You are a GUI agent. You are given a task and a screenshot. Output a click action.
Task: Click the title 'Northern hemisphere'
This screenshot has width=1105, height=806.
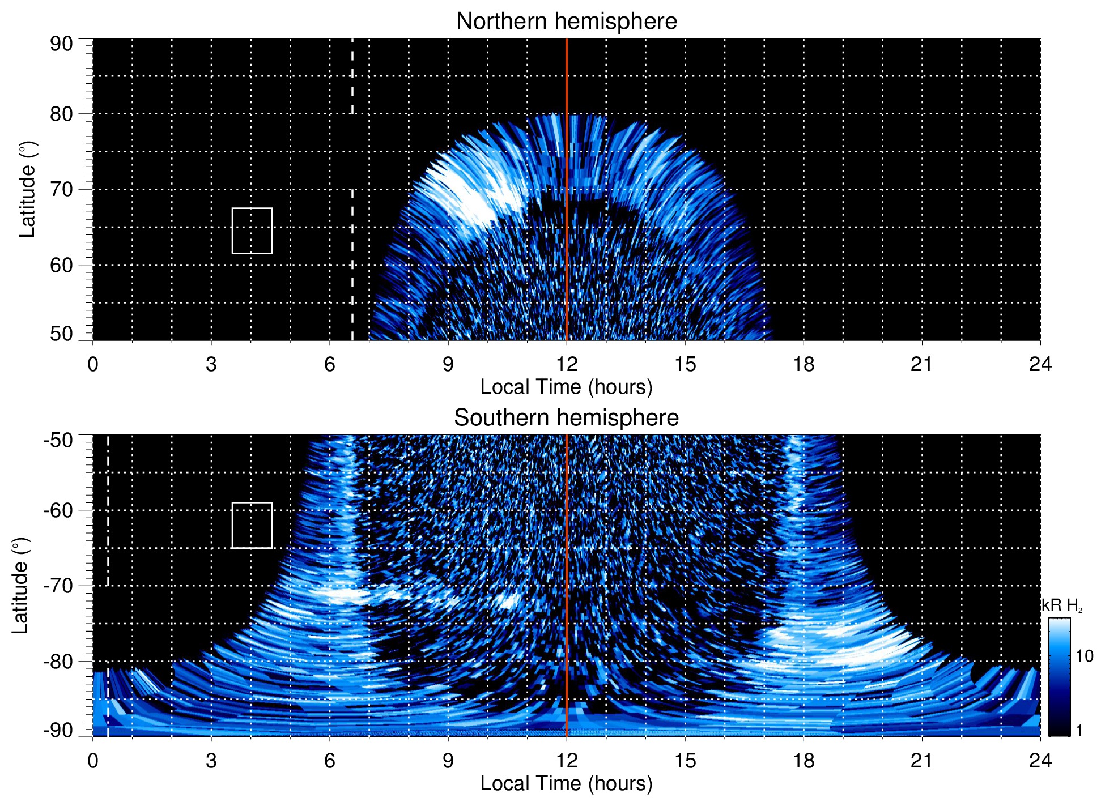tap(566, 22)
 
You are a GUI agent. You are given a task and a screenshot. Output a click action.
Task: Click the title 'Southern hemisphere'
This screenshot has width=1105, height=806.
tap(566, 418)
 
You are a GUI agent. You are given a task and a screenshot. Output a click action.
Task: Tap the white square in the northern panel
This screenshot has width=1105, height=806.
tap(252, 231)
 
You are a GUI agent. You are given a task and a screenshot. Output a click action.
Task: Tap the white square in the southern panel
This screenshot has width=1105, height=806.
tap(252, 525)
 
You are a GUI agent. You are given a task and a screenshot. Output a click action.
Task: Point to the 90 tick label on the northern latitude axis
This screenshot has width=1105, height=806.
tap(61, 44)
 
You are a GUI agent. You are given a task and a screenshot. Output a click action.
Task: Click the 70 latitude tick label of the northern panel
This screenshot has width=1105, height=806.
tap(61, 190)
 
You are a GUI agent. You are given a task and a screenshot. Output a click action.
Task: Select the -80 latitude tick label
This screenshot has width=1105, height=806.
tap(58, 662)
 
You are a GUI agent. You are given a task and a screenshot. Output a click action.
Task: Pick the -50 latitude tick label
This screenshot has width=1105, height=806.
tap(58, 440)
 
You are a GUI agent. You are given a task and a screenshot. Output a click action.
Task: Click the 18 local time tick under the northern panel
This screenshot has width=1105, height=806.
tap(804, 364)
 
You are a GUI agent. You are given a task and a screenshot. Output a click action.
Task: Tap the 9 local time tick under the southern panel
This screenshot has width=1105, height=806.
tap(448, 761)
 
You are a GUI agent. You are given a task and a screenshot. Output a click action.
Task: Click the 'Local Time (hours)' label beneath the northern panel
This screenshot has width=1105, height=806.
tap(566, 387)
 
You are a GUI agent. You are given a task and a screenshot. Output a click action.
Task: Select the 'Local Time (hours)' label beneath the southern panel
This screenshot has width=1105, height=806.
tap(566, 784)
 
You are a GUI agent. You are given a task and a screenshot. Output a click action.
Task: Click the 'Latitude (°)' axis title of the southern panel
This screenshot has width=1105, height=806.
tap(20, 586)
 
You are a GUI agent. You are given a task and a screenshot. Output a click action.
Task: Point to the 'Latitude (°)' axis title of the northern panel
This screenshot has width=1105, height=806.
tap(27, 189)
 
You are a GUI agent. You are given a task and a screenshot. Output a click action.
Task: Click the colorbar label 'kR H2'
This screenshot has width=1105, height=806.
tap(1062, 605)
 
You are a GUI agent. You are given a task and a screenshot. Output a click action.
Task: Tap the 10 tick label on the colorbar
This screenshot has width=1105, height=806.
tap(1085, 656)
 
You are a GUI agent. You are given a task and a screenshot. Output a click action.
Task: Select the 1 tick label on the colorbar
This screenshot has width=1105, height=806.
tap(1079, 731)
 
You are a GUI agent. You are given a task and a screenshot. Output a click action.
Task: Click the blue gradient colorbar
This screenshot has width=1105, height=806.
tap(1059, 677)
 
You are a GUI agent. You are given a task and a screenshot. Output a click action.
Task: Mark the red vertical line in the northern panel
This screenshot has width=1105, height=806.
tap(567, 227)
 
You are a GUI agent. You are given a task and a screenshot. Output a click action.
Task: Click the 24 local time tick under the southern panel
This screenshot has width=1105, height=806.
tap(1040, 761)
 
